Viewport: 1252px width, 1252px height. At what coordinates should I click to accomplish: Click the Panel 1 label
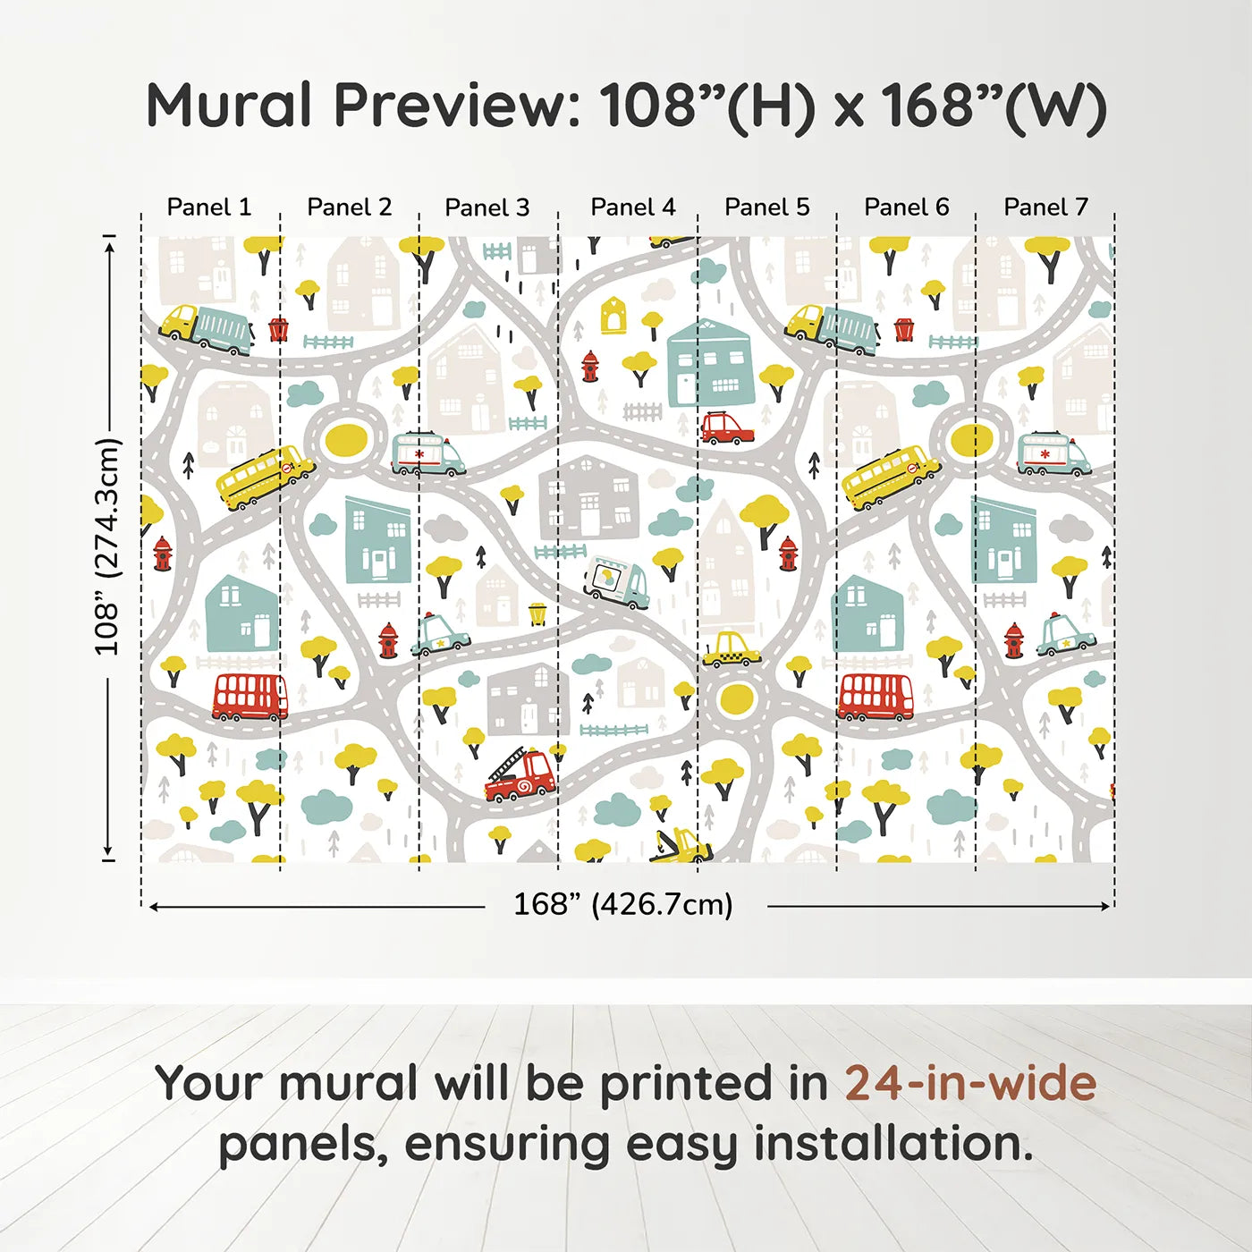(209, 207)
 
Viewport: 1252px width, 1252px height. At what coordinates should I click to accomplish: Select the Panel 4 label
(632, 207)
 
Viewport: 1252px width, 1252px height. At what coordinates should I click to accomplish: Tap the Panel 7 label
(1045, 207)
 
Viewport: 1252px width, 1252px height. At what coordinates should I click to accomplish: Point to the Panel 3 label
(487, 207)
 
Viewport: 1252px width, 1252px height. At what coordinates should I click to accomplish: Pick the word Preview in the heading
(457, 106)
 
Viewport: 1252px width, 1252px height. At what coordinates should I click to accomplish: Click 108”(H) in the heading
(708, 106)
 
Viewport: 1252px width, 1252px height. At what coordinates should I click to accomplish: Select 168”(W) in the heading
(994, 106)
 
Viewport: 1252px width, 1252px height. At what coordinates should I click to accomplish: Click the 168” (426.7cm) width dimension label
(623, 904)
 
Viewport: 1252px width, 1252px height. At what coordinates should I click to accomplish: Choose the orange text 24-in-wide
(970, 1083)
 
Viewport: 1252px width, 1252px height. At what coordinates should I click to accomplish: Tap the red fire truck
(520, 776)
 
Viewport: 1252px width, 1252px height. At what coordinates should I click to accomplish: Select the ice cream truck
(616, 582)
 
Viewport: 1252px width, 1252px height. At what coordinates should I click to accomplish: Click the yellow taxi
(732, 650)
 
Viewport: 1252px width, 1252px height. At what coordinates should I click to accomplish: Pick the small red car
(726, 428)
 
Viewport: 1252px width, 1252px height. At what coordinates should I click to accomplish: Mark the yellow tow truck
(681, 845)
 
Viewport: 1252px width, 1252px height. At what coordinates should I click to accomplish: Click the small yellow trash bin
(537, 613)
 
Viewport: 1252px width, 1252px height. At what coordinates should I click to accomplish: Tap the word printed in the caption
(688, 1083)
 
